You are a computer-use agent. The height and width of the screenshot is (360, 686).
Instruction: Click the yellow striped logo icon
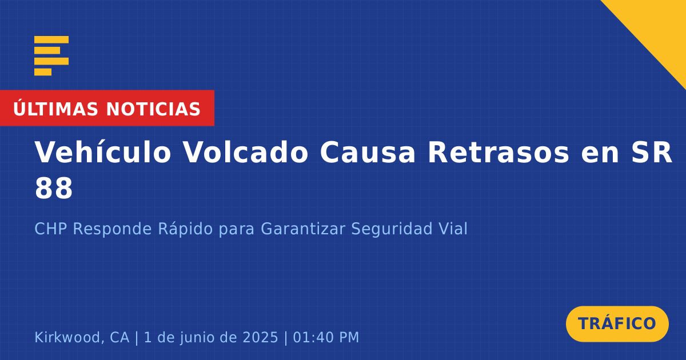click(51, 56)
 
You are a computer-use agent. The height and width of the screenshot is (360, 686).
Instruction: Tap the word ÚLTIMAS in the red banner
click(55, 109)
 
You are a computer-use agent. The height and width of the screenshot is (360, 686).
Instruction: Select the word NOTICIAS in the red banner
click(153, 109)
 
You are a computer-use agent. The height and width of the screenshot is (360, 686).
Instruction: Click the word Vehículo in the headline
click(102, 152)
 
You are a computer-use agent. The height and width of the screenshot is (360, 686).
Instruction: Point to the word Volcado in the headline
click(245, 152)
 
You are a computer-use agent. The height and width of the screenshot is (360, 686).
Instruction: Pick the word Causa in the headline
click(368, 152)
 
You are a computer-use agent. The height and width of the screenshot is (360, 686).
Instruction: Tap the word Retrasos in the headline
click(498, 152)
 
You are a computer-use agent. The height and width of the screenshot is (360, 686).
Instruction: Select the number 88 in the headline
click(54, 188)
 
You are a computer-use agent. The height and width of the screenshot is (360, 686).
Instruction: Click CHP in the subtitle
click(50, 229)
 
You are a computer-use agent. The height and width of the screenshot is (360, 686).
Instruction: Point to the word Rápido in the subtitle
click(185, 229)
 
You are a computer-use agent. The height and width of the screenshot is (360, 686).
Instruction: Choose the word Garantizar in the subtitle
click(303, 229)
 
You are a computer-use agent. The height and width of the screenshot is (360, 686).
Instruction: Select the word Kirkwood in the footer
click(67, 337)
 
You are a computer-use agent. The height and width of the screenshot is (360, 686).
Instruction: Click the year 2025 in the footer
click(260, 337)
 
